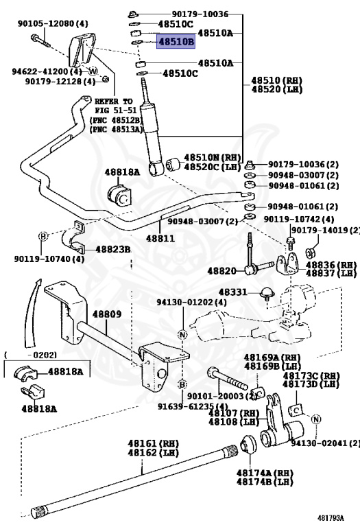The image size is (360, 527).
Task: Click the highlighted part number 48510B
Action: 177,43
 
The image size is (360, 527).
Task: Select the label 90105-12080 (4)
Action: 53,23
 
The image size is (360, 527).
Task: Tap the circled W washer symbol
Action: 93,71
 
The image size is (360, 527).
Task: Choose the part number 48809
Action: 107,314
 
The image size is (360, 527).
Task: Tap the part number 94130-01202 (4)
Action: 182,302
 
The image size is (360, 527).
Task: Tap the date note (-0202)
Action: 29,355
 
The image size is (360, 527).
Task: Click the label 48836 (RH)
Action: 332,265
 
